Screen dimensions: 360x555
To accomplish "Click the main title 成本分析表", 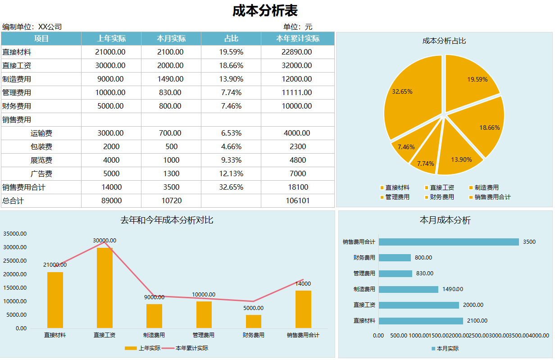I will (x=265, y=11).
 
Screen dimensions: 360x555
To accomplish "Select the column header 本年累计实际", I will (x=297, y=39).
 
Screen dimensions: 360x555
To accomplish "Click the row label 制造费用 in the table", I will (x=17, y=79).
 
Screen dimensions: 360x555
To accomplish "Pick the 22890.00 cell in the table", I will (x=296, y=52).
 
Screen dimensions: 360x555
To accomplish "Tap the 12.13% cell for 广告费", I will (x=231, y=174).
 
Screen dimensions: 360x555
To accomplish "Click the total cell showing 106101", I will (x=297, y=201).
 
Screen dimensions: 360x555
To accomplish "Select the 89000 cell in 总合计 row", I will (x=111, y=201).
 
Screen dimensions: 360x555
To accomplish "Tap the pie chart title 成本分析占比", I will (x=444, y=41).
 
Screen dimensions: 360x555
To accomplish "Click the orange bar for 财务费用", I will (x=254, y=321).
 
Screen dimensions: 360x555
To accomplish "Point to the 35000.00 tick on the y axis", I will (x=15, y=234).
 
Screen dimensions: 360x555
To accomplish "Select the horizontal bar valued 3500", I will (x=449, y=242).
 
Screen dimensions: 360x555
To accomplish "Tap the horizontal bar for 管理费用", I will (x=395, y=273).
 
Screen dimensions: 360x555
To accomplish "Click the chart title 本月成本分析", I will (x=445, y=220).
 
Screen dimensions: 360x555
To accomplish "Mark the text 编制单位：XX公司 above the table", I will (x=32, y=27).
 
